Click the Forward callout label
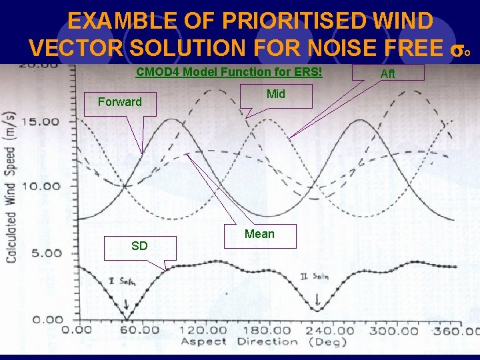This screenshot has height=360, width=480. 120,102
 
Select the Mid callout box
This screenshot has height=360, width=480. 276,95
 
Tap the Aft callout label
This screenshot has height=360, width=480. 387,73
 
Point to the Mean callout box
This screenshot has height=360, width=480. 259,234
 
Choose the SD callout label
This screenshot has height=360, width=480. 139,246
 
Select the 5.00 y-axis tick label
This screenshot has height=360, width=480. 45,253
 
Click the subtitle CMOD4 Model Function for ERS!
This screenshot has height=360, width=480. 229,72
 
